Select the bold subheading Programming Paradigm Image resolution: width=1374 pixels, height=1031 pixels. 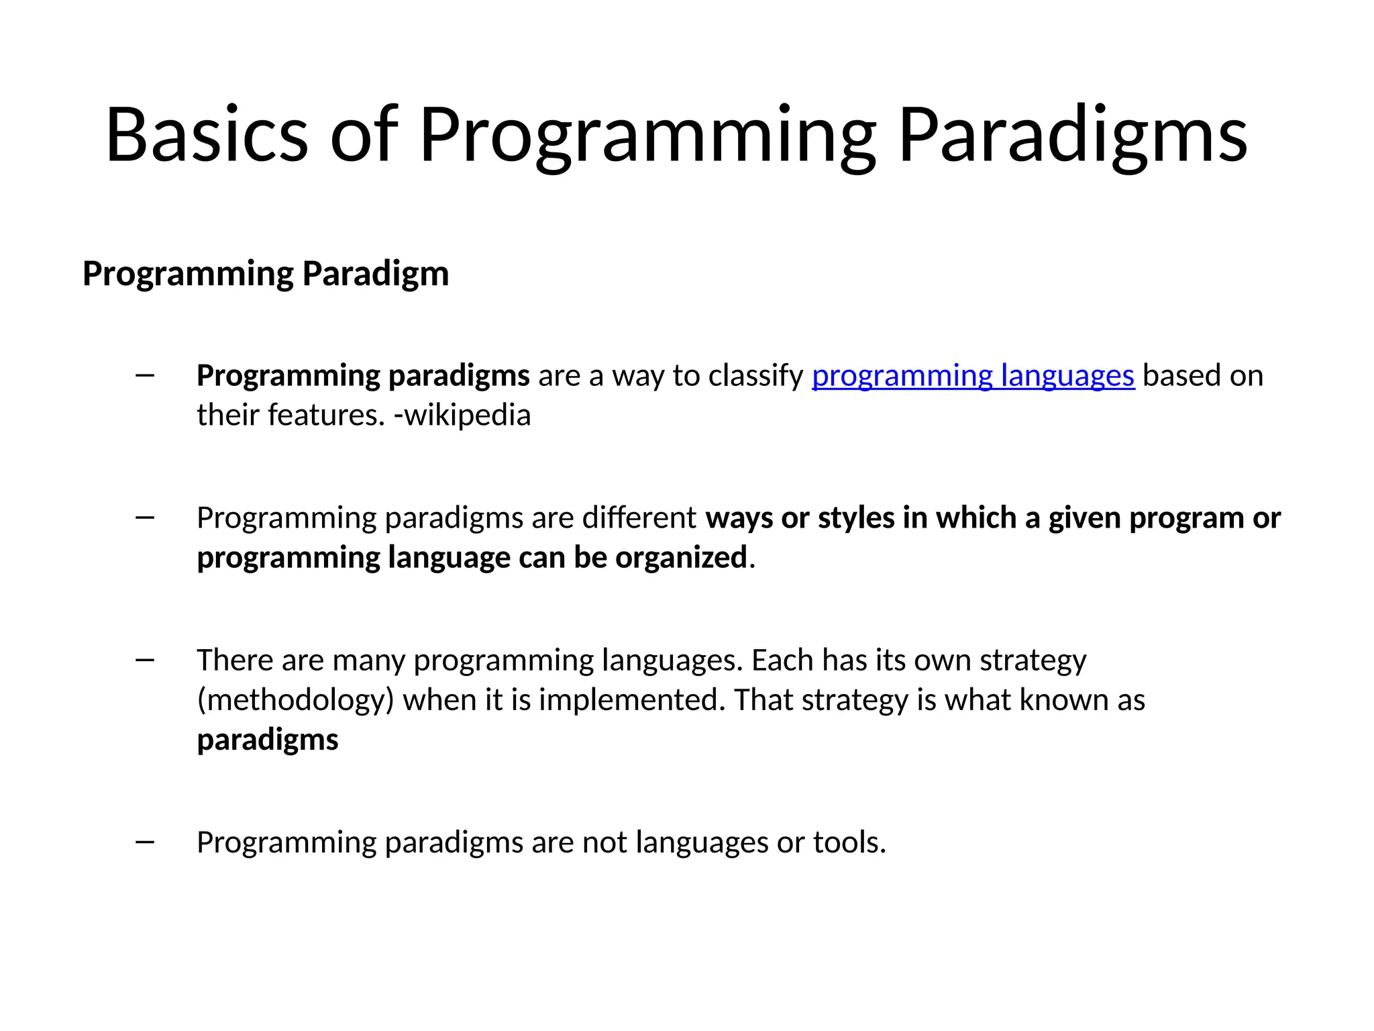tap(266, 274)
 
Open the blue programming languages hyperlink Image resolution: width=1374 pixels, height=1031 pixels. tap(973, 376)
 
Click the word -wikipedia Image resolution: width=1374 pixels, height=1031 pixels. tap(462, 415)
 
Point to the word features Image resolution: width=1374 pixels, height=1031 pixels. tap(326, 415)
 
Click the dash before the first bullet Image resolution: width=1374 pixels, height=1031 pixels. tap(145, 375)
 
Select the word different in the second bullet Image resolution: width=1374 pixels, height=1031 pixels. tap(639, 518)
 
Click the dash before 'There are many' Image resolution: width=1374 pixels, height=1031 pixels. tap(145, 660)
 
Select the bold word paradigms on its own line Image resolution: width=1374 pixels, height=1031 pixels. tap(268, 740)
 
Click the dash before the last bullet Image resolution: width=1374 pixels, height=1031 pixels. tap(145, 842)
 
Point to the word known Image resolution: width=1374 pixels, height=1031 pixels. tap(1063, 700)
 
